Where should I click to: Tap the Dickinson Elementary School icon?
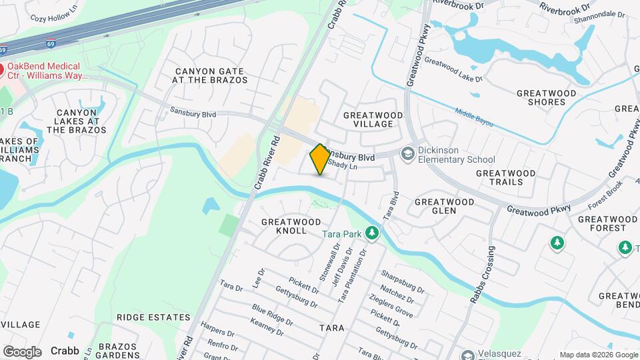pos(407,154)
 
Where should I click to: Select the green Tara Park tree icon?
pos(372,234)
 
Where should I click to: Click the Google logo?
pos(22,351)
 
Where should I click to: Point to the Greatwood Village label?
pos(373,120)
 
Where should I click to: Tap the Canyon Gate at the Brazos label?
pos(210,75)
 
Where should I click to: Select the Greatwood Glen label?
pos(445,206)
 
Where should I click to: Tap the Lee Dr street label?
pos(261,277)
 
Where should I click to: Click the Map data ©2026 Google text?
pos(598,355)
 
